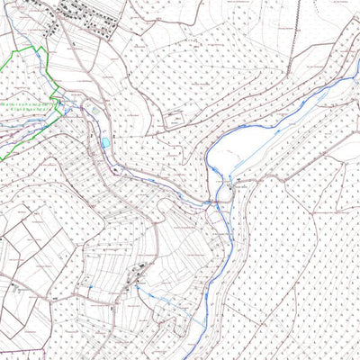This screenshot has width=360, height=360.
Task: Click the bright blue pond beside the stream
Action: [x=105, y=142]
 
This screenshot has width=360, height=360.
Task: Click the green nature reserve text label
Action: [x=31, y=111]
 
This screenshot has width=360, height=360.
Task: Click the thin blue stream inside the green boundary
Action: [x=27, y=126]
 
